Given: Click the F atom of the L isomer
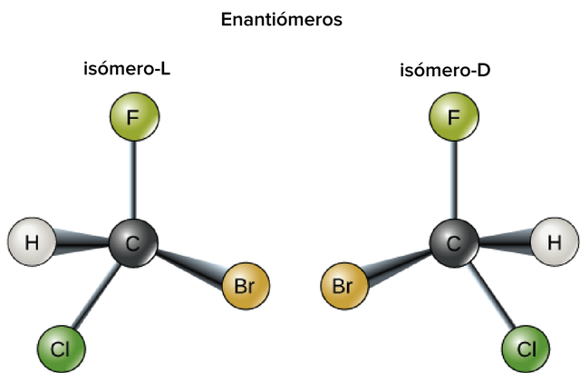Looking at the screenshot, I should point(134,117).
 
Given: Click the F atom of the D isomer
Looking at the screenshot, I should point(454,117).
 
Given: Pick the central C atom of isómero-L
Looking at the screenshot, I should point(134,242).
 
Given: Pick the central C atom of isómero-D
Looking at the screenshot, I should point(453,242).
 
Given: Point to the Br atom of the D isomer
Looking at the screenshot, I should point(343,289).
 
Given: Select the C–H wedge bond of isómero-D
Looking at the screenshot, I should point(504,242).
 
